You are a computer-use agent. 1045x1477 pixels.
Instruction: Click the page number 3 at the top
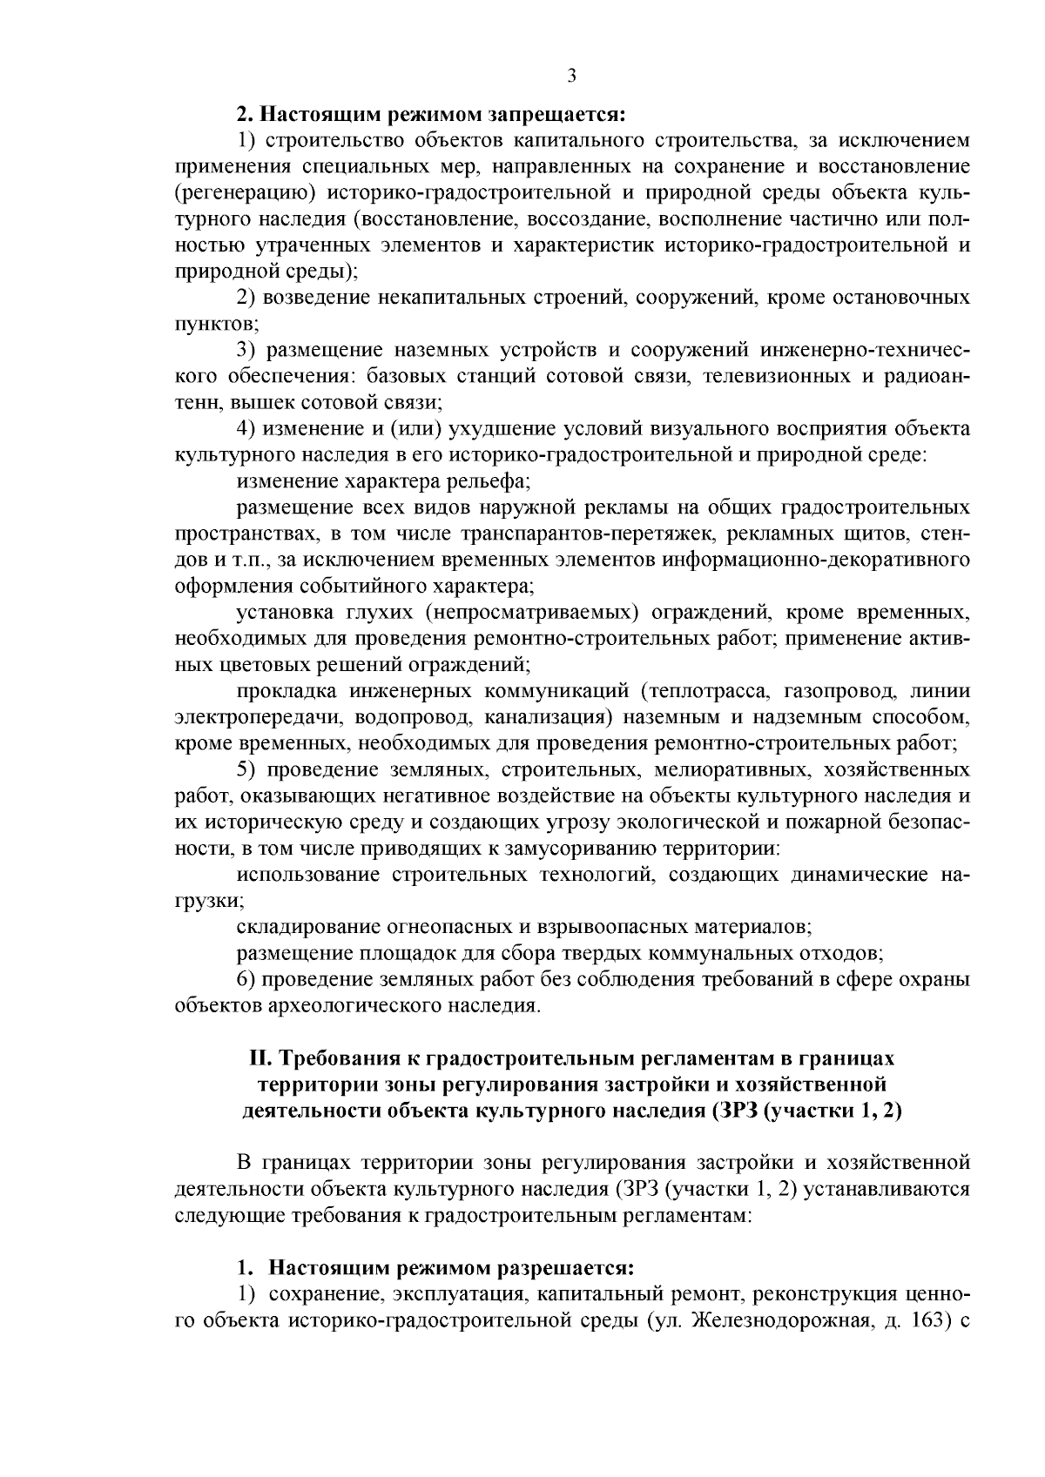(x=571, y=76)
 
